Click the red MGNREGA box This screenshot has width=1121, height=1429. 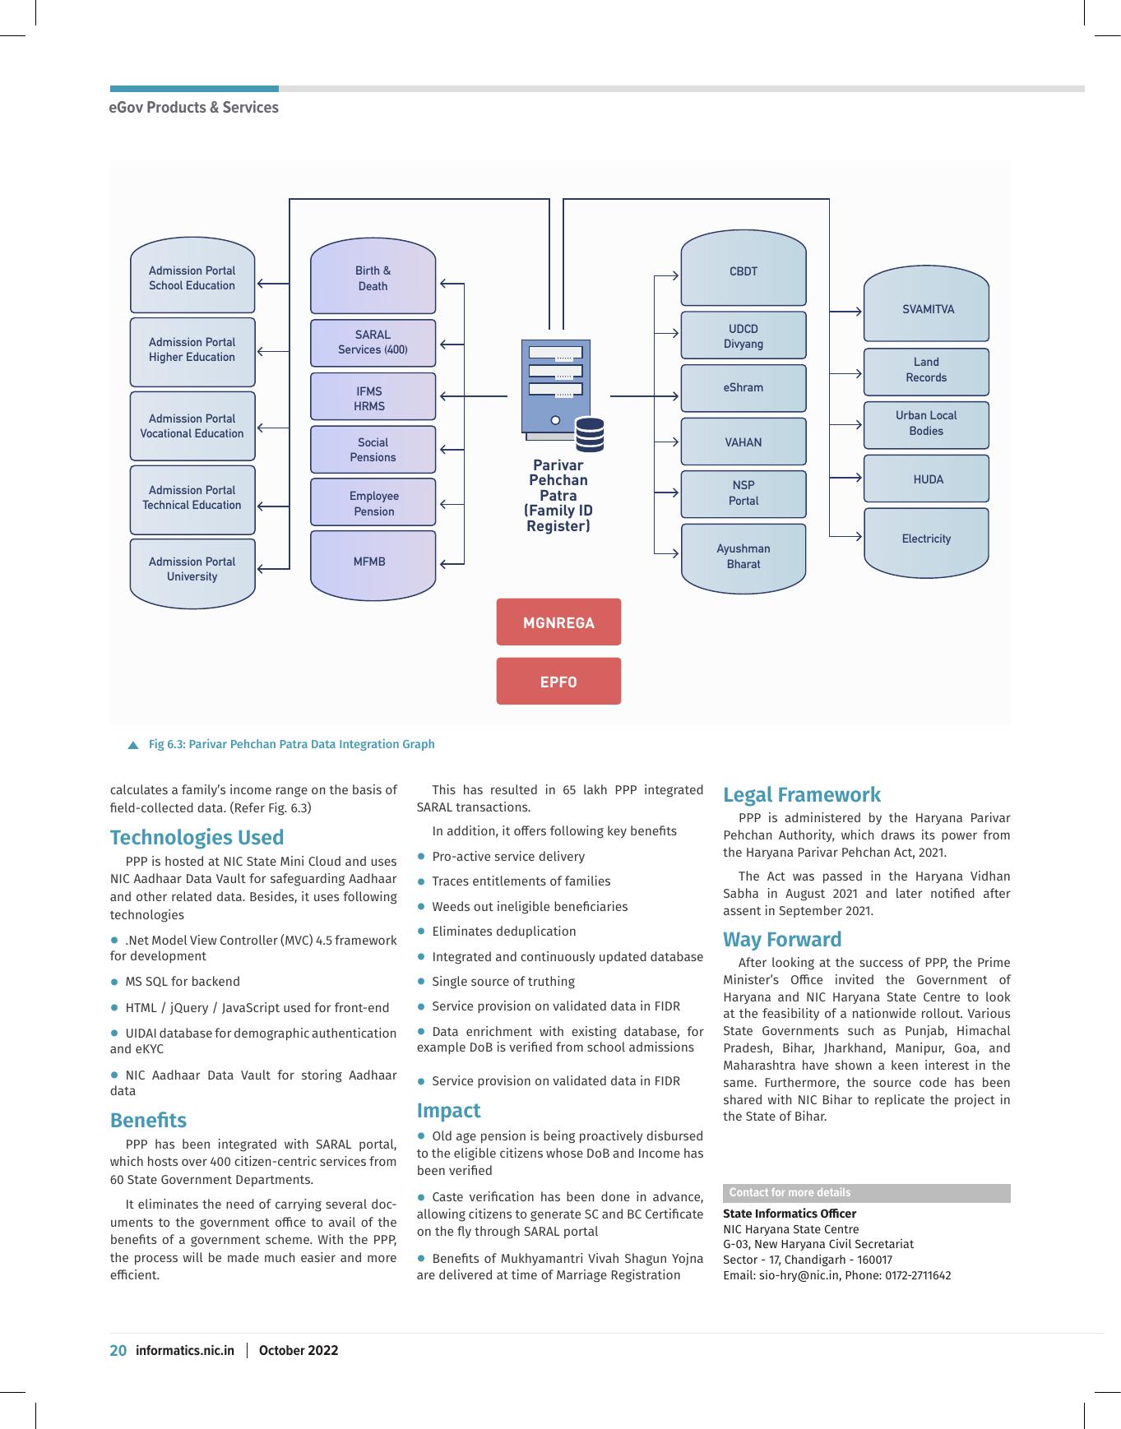(558, 622)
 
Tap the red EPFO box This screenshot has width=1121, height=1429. (558, 681)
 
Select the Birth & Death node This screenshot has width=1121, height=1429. (373, 276)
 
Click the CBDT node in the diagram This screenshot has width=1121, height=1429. (743, 268)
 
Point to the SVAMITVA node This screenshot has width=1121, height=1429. (926, 304)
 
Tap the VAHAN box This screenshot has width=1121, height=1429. (743, 442)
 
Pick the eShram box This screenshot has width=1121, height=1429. (743, 387)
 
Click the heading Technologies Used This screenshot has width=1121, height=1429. (197, 837)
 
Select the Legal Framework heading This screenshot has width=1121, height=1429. (802, 794)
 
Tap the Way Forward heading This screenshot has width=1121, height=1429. (782, 939)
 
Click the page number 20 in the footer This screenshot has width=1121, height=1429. (118, 1350)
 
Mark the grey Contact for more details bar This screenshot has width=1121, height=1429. (867, 1193)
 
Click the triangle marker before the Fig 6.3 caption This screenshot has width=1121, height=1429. (133, 745)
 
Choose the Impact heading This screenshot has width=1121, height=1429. (448, 1110)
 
